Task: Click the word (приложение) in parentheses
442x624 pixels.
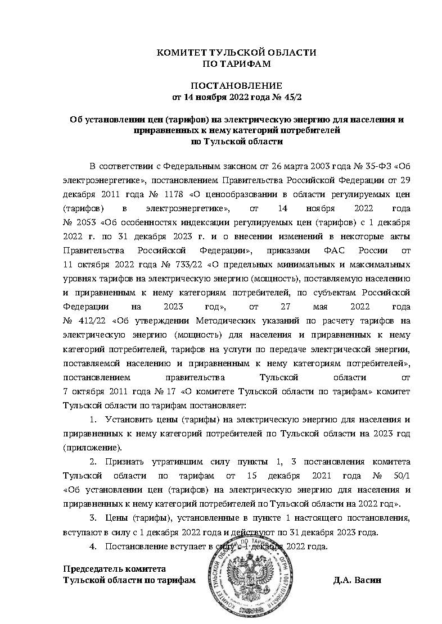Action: click(92, 448)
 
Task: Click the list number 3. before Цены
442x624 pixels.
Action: click(93, 517)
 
